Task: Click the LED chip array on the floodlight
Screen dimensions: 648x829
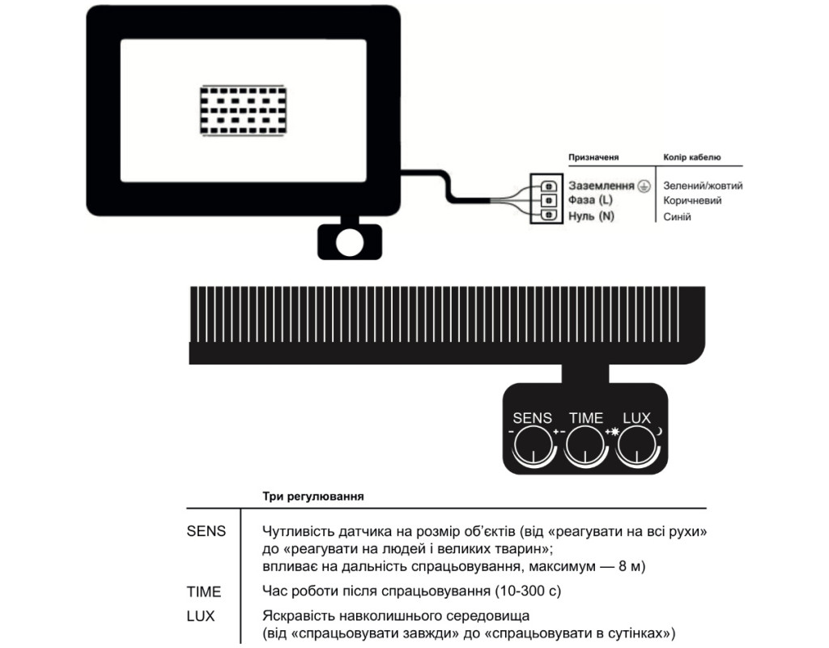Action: (243, 110)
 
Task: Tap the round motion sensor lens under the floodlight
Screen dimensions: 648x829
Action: (350, 241)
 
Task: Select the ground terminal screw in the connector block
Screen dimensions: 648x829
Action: (548, 185)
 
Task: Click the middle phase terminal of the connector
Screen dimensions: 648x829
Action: (548, 199)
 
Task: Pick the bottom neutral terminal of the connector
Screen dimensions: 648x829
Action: (548, 215)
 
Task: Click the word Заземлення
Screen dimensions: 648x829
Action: (602, 185)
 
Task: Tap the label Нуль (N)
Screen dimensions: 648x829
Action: (591, 216)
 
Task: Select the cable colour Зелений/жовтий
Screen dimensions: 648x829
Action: (703, 185)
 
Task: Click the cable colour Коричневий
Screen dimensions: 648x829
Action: (692, 200)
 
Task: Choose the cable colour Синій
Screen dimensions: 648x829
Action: (678, 216)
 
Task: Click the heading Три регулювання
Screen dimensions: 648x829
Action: (312, 494)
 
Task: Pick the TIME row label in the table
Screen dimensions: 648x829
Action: (203, 591)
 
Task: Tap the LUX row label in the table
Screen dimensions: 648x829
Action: (201, 616)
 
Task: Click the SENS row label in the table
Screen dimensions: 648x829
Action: (206, 532)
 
